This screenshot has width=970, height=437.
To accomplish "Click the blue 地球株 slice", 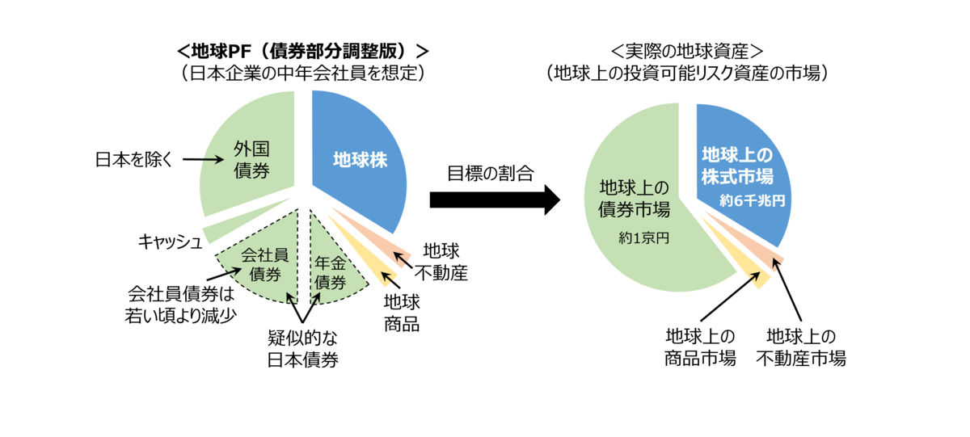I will pyautogui.click(x=356, y=162).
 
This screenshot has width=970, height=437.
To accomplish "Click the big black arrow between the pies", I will pyautogui.click(x=494, y=199).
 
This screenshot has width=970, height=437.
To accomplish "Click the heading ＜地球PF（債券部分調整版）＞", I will pyautogui.click(x=302, y=51).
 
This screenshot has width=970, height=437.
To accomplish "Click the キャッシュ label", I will pyautogui.click(x=169, y=241).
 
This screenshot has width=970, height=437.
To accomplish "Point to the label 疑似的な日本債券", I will pyautogui.click(x=302, y=348).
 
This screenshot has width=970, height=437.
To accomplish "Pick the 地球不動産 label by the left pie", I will pyautogui.click(x=441, y=261).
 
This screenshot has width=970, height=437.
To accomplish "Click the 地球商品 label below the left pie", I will pyautogui.click(x=402, y=314).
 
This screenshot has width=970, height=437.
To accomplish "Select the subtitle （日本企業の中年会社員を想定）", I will pyautogui.click(x=302, y=73).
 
